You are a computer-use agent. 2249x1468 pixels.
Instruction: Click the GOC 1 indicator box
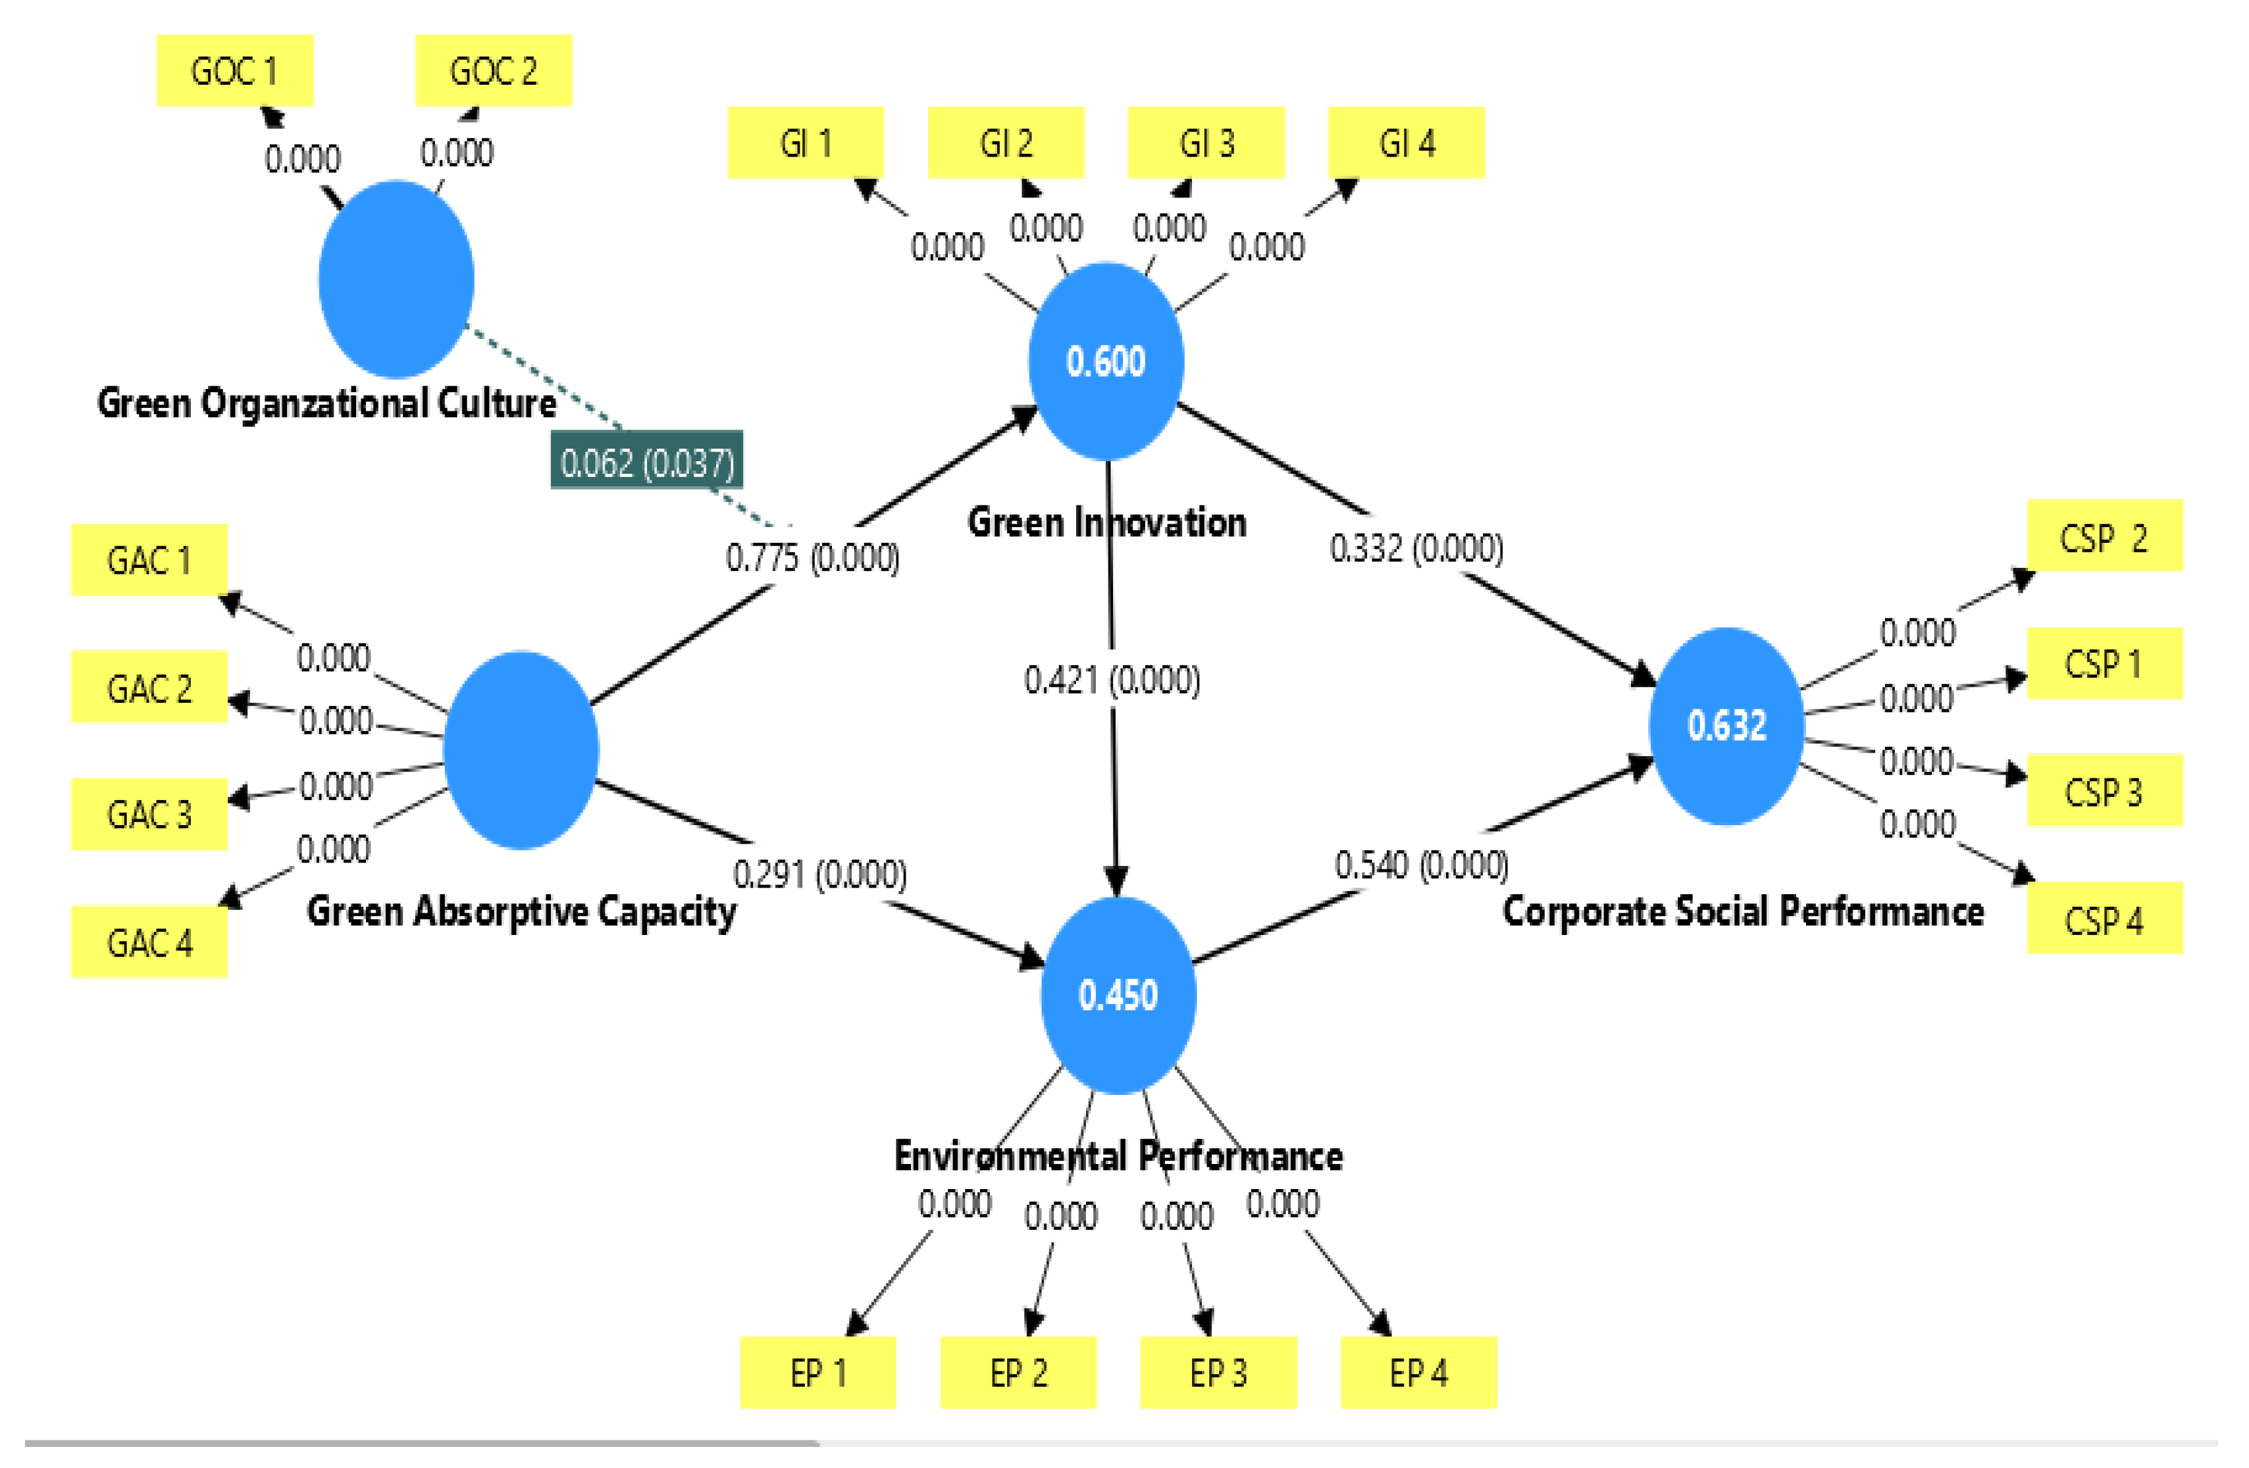point(234,71)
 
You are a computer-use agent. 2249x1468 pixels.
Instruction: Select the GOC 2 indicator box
point(493,71)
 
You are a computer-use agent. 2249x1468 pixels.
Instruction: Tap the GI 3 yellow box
point(1206,143)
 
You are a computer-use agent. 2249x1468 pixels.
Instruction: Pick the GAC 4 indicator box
point(149,942)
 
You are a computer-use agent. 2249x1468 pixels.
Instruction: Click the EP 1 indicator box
point(817,1373)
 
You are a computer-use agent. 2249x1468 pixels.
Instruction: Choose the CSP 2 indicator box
point(2104,536)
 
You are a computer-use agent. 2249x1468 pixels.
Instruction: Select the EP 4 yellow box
point(1418,1373)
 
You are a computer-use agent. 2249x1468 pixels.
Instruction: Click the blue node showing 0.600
point(1106,362)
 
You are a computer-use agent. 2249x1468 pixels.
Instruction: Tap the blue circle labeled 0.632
point(1726,726)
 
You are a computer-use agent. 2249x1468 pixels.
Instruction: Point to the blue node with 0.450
point(1118,996)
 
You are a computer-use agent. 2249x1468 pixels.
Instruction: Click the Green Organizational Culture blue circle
point(396,279)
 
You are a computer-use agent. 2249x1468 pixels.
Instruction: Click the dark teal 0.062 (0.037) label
point(647,461)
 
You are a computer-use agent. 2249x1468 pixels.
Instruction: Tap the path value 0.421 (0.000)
point(1112,679)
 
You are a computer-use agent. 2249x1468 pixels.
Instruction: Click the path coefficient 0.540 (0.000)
point(1421,865)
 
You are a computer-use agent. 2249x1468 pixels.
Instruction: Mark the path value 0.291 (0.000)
point(820,874)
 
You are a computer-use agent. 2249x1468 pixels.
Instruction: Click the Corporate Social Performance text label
point(1742,911)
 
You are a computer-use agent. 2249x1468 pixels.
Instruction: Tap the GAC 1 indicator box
point(149,560)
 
